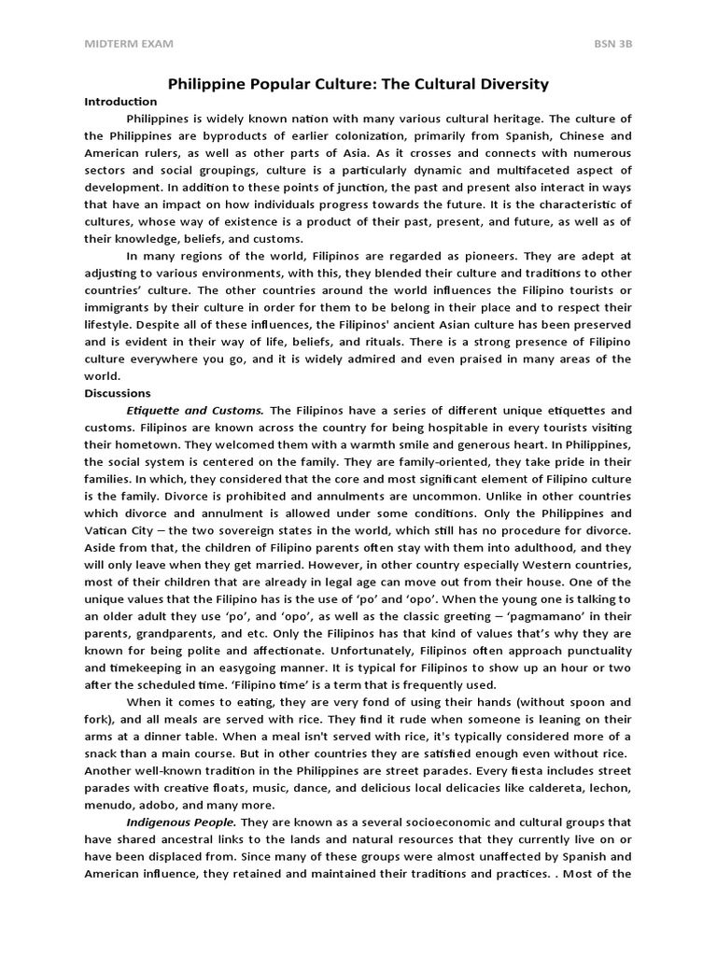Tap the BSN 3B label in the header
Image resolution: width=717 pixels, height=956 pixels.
(x=612, y=44)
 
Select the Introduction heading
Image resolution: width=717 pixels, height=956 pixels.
(x=120, y=102)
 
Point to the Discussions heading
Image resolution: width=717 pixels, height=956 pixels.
(x=117, y=393)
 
